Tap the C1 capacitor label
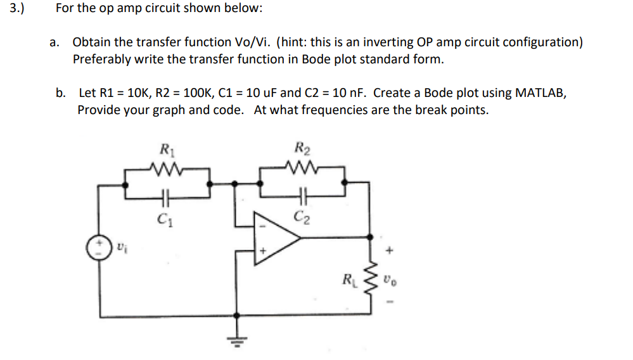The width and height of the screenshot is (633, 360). click(165, 221)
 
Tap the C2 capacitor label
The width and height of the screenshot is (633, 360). click(302, 220)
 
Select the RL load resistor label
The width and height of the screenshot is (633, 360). click(348, 277)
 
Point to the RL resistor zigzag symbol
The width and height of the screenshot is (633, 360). click(373, 277)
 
